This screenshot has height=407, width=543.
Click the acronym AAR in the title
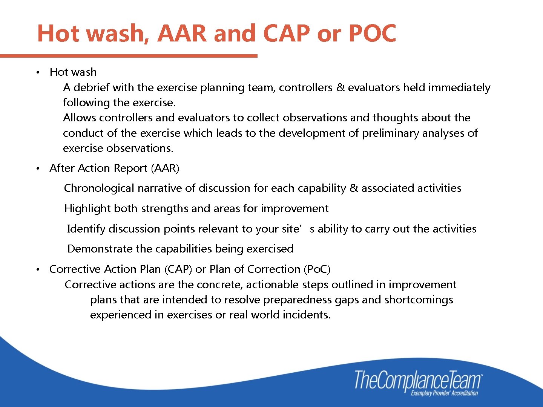[182, 33]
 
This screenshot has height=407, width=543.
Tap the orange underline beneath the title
[128, 56]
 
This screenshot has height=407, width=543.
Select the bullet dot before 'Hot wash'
[38, 72]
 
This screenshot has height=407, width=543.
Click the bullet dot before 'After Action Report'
[38, 168]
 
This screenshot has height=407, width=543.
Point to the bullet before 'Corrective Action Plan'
[38, 269]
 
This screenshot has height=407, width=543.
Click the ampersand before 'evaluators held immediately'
[341, 87]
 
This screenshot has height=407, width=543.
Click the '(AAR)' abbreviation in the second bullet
[165, 168]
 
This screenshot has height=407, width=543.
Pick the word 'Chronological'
[99, 188]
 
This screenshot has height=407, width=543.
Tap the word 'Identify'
[86, 229]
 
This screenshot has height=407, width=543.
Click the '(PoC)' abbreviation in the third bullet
[317, 269]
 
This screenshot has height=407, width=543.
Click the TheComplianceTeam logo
[417, 380]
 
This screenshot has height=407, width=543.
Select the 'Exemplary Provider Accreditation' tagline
[444, 393]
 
